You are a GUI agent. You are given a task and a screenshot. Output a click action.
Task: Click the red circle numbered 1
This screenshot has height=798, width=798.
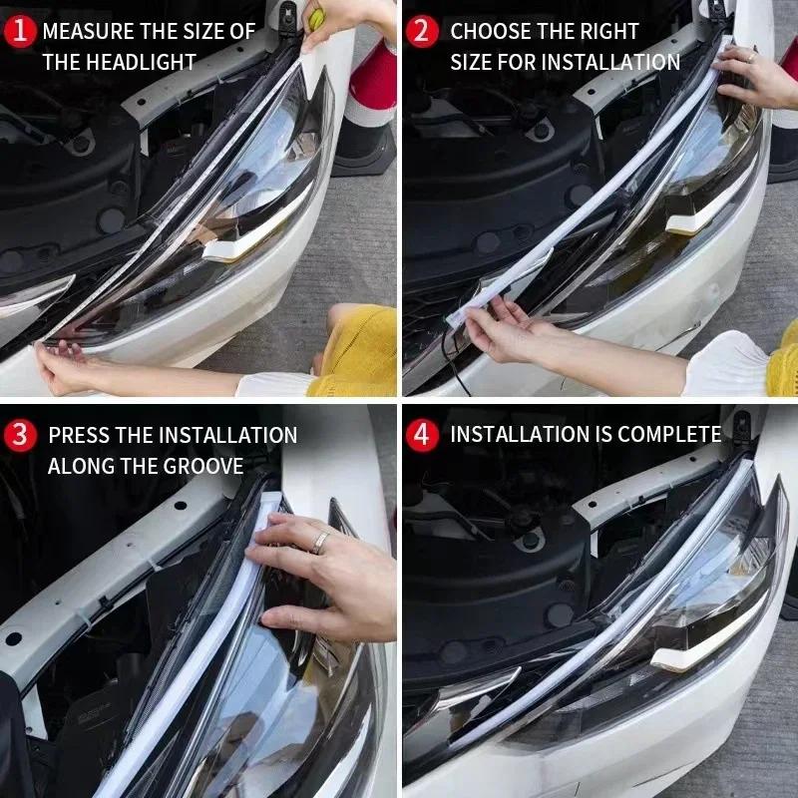point(20,31)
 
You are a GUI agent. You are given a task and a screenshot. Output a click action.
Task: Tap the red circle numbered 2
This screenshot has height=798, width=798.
point(423,31)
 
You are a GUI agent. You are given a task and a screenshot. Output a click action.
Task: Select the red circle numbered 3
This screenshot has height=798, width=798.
point(20,435)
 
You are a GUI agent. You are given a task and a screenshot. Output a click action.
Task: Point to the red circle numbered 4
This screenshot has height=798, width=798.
point(423,435)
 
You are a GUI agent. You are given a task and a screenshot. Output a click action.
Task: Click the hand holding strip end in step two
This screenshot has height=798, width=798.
point(509,329)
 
